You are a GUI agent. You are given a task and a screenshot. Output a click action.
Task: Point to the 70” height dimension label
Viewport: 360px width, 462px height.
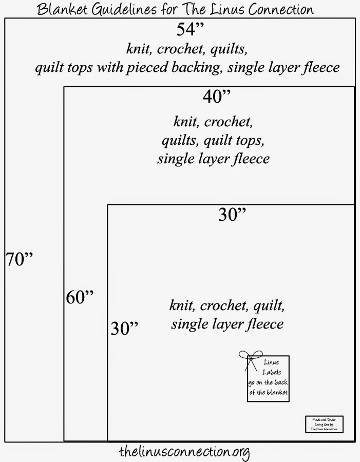tap(19, 259)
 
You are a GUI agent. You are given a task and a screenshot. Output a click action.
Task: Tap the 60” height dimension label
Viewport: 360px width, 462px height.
tap(80, 297)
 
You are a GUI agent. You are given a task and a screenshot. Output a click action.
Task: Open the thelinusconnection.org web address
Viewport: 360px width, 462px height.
tap(183, 452)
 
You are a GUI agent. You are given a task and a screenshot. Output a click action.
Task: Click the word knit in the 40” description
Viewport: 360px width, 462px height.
tap(185, 122)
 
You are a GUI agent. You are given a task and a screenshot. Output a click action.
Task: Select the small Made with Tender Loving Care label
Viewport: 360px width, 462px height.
tap(324, 425)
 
